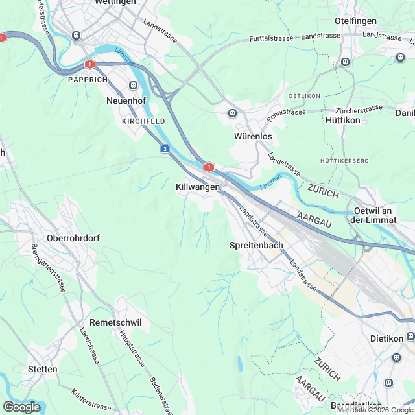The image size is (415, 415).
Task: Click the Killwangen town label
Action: [x=198, y=187]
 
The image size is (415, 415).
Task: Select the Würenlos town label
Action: [x=252, y=137]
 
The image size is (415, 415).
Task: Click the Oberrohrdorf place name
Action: [x=73, y=238]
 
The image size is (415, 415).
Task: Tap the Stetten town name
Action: [x=43, y=369]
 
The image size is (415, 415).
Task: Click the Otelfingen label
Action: [x=355, y=21]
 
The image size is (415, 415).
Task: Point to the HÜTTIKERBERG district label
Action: [x=344, y=160]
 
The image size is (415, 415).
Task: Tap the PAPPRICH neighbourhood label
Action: [x=86, y=79]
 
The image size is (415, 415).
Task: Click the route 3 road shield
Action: [x=165, y=149]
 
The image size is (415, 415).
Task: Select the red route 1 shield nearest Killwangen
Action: [x=208, y=167]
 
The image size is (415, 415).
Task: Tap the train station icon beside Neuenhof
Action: [x=134, y=86]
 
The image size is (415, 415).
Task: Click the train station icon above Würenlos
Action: [x=232, y=113]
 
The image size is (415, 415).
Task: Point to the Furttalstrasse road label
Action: [x=274, y=39]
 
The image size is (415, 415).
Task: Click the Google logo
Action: [x=21, y=407]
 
